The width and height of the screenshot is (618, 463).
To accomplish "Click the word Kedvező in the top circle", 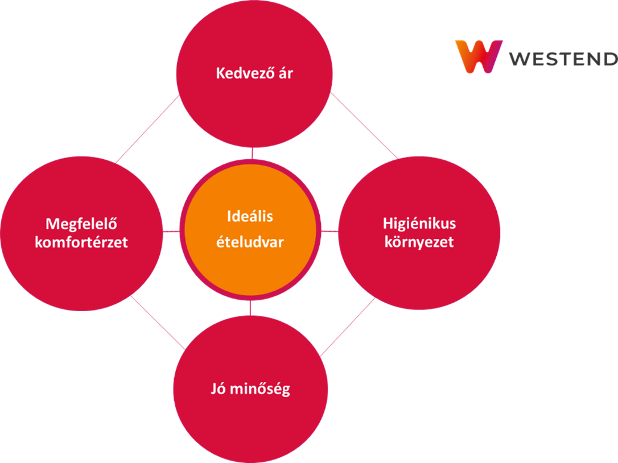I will (242, 74).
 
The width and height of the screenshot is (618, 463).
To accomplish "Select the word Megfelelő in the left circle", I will (81, 224).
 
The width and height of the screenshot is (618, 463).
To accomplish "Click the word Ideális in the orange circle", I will (250, 216).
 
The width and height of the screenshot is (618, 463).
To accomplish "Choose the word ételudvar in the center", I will (250, 243).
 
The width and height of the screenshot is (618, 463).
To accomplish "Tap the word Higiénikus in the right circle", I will (419, 223).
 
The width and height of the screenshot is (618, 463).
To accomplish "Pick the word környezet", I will (419, 242).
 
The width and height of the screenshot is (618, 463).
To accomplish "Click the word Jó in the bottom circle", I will (218, 390).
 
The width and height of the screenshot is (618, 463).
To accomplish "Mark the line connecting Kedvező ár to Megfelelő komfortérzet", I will (147, 129).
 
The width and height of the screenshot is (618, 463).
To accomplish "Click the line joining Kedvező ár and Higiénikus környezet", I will (363, 126).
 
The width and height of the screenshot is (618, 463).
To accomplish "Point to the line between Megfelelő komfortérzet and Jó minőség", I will (157, 322).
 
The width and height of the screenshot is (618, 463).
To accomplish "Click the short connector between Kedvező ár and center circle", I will (252, 153).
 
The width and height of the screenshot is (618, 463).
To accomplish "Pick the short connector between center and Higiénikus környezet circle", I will (330, 231).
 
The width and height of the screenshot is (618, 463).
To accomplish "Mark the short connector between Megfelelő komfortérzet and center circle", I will (171, 231).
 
